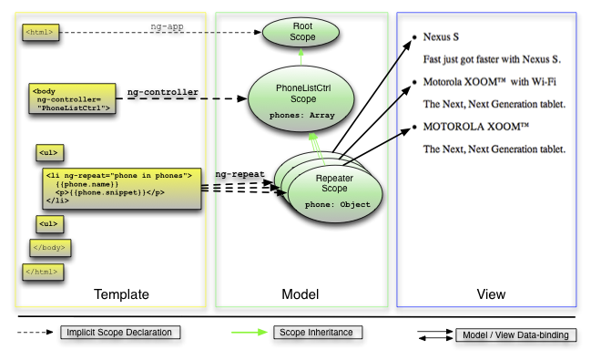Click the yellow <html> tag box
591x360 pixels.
point(41,32)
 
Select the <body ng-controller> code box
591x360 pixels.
point(72,98)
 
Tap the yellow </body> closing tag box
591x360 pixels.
point(50,248)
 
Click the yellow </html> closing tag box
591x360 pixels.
point(43,272)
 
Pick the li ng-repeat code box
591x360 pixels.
point(122,189)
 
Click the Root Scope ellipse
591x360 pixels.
point(301,33)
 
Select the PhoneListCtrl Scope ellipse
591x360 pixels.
point(301,98)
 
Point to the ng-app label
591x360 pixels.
point(167,26)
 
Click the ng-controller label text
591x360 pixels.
point(163,92)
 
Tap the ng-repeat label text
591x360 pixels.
point(240,174)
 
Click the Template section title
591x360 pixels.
point(121,294)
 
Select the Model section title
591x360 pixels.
point(301,294)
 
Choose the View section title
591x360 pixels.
point(491,294)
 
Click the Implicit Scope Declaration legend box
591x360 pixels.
point(120,333)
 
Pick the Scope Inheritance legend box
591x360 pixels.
point(318,333)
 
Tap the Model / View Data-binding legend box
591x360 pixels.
point(516,335)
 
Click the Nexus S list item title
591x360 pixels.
point(441,37)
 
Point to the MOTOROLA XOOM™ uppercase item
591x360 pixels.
point(476,127)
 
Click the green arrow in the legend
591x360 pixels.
point(250,333)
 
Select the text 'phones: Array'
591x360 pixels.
point(302,116)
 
